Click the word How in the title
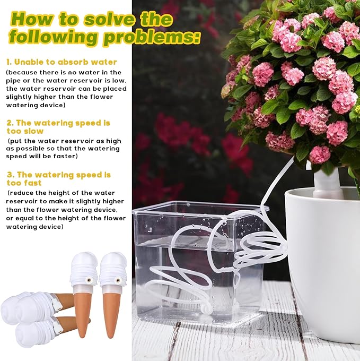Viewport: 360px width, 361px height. (31, 19)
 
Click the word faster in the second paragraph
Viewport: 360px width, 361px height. (63, 157)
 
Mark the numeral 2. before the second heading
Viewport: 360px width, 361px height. (10, 123)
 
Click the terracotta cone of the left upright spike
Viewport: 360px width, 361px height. (83, 313)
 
